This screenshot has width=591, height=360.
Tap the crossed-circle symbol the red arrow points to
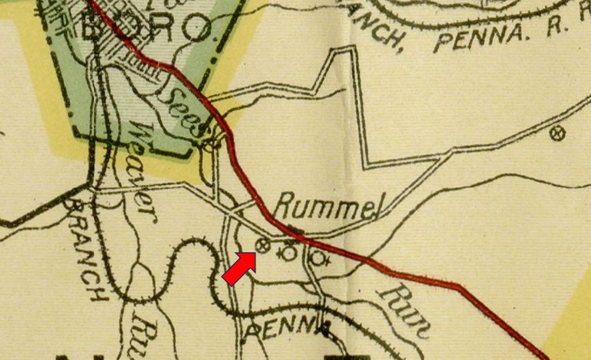(x=262, y=246)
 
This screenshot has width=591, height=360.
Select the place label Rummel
(x=325, y=208)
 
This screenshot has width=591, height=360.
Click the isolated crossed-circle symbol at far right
(x=558, y=134)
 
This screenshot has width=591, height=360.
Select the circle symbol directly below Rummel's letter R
(x=289, y=253)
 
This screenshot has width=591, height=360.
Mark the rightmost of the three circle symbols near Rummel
(x=318, y=257)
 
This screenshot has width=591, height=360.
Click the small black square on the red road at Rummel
(x=297, y=231)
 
